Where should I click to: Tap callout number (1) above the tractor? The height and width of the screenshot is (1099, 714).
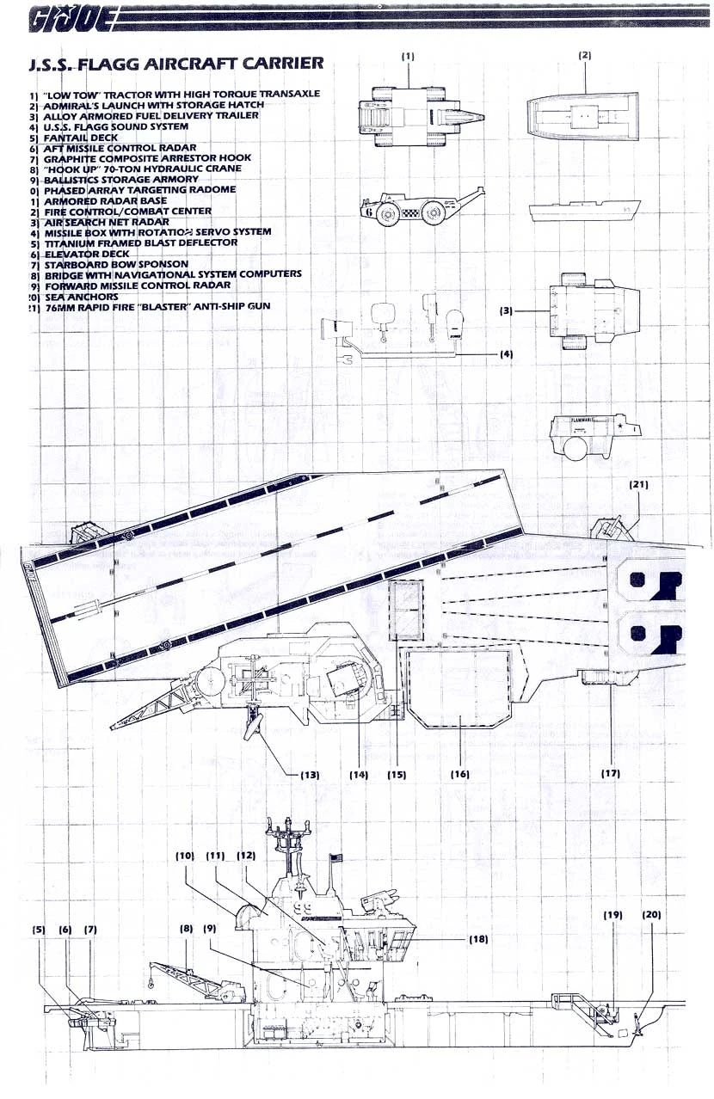[408, 56]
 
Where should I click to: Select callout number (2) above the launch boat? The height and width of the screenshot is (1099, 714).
[584, 56]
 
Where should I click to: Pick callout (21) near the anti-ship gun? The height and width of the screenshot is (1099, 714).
[639, 485]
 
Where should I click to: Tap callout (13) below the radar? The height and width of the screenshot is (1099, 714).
[310, 775]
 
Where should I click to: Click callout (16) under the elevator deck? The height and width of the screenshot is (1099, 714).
[460, 774]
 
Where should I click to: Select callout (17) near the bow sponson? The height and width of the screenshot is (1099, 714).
[611, 774]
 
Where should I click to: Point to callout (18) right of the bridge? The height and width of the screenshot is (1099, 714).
[478, 940]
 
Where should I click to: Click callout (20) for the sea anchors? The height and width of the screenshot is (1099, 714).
[651, 915]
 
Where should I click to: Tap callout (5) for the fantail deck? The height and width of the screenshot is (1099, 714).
[39, 930]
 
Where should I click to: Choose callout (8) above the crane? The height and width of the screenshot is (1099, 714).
[187, 930]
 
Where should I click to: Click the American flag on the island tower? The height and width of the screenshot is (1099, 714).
[336, 857]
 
